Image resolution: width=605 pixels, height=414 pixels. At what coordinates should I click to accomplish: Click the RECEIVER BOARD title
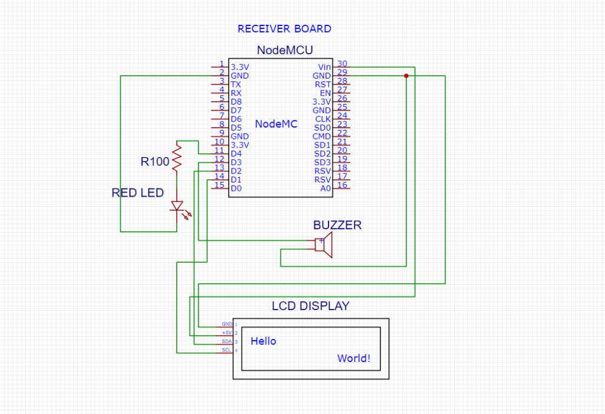coord(284,28)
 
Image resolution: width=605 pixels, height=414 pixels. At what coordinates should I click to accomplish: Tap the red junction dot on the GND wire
coord(406,76)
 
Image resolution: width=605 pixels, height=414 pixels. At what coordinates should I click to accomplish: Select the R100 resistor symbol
coord(175,157)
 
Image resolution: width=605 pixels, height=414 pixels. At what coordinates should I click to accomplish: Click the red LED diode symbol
coord(177,206)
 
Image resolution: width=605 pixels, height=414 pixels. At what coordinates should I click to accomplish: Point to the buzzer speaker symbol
coord(324,245)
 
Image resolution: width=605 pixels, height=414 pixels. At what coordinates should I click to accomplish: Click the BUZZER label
coord(337,225)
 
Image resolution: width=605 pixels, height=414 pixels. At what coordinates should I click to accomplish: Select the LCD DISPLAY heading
coord(310,306)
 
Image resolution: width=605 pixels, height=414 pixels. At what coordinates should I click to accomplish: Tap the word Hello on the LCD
coord(264,341)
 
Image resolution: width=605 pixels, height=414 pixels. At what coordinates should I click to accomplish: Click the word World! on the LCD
coord(354,358)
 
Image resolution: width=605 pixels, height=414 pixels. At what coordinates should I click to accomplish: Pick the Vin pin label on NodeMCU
coord(324,67)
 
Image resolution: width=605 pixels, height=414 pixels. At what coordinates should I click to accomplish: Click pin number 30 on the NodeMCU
coord(342,64)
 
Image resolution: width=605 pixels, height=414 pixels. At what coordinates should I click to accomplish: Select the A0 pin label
coord(326,188)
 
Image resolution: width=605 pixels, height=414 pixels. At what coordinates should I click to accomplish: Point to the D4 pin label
coord(236,154)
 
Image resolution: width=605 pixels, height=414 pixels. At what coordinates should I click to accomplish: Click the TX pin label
coord(236,84)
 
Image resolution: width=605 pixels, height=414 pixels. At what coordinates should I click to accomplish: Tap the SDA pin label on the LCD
coord(227,342)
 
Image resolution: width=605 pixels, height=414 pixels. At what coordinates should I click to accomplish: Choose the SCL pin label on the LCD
coord(227,350)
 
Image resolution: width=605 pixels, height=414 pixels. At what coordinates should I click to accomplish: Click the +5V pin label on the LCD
coord(227,333)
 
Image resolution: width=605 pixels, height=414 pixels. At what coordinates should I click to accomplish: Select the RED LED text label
coord(138,193)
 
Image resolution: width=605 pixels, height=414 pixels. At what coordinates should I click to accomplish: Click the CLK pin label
coord(323,119)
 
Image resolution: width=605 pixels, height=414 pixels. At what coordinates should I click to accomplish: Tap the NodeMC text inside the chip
coord(277,124)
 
